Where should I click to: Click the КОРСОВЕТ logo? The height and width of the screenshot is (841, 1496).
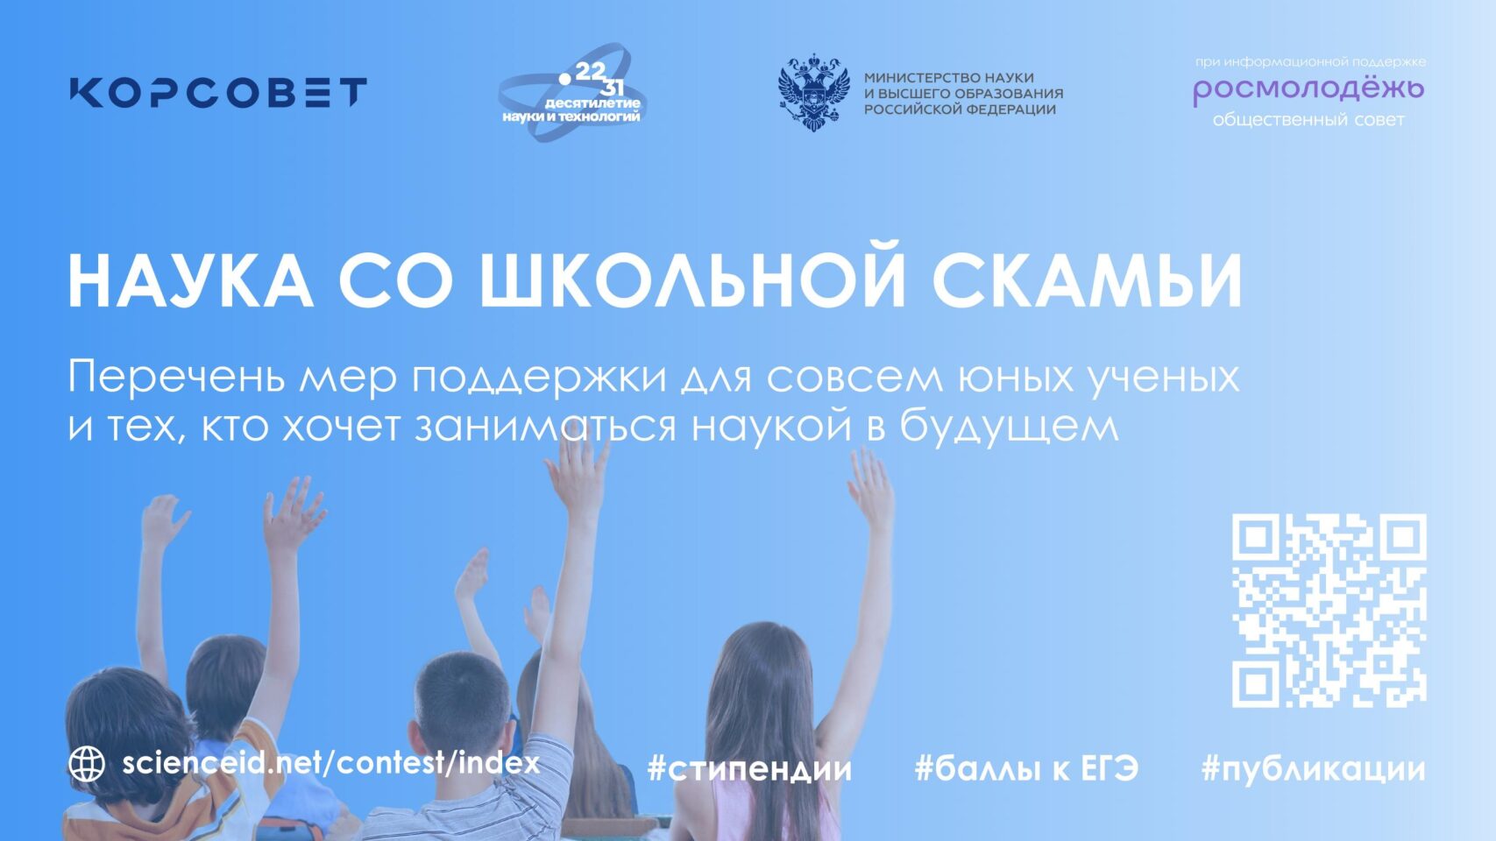click(x=218, y=92)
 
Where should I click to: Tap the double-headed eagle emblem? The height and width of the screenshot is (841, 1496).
click(x=813, y=93)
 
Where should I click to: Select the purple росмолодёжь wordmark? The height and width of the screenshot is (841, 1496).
click(x=1309, y=91)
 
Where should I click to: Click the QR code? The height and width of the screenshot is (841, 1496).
click(x=1329, y=611)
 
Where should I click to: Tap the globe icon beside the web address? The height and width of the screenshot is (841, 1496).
click(x=87, y=764)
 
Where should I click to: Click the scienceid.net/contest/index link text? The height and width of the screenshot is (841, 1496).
click(x=331, y=763)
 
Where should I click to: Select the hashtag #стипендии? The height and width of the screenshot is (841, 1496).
click(x=749, y=769)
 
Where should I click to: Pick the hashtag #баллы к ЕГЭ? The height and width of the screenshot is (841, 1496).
click(x=1026, y=769)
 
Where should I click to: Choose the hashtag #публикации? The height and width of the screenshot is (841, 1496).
click(x=1313, y=769)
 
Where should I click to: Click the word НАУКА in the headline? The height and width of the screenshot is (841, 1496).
click(x=191, y=281)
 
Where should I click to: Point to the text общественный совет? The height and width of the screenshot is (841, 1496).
click(x=1309, y=120)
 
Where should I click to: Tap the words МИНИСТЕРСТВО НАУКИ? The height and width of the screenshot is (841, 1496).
click(x=949, y=77)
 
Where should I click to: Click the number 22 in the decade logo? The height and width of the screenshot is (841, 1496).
click(x=590, y=72)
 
